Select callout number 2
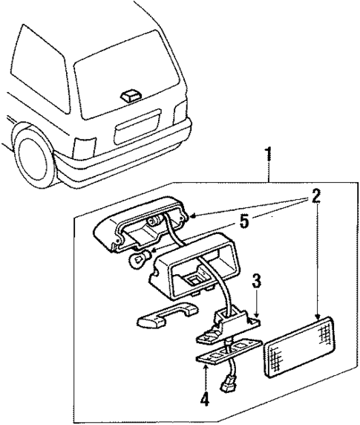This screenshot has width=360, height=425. [x=315, y=196]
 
